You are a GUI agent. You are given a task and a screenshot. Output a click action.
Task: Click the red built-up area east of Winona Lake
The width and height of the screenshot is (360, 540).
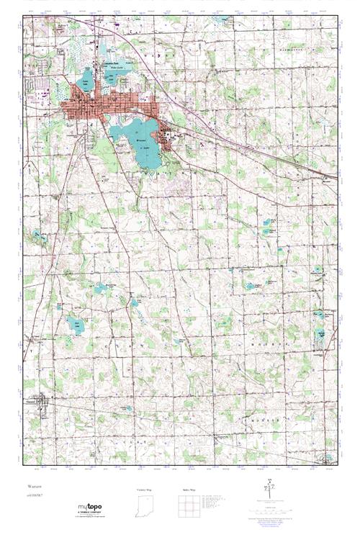(167, 138)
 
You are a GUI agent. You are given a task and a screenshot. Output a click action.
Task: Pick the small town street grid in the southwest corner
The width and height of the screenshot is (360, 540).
(48, 404)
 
